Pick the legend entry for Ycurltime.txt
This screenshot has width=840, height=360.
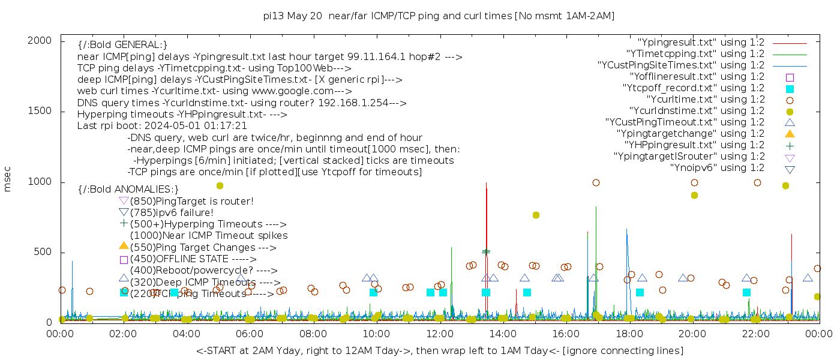[705, 99]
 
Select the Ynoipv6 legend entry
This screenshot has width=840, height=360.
[717, 167]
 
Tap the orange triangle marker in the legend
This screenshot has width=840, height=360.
[790, 133]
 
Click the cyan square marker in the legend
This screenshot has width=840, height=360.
[790, 88]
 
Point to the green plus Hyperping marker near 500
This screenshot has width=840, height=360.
[486, 252]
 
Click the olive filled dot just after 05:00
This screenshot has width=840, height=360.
[220, 185]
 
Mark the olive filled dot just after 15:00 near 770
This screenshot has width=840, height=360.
[536, 215]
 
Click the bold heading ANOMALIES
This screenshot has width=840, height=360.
[128, 189]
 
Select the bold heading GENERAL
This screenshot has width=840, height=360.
[122, 45]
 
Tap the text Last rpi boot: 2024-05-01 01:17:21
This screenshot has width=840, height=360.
[162, 125]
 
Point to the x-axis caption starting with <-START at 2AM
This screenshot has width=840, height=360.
[439, 350]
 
